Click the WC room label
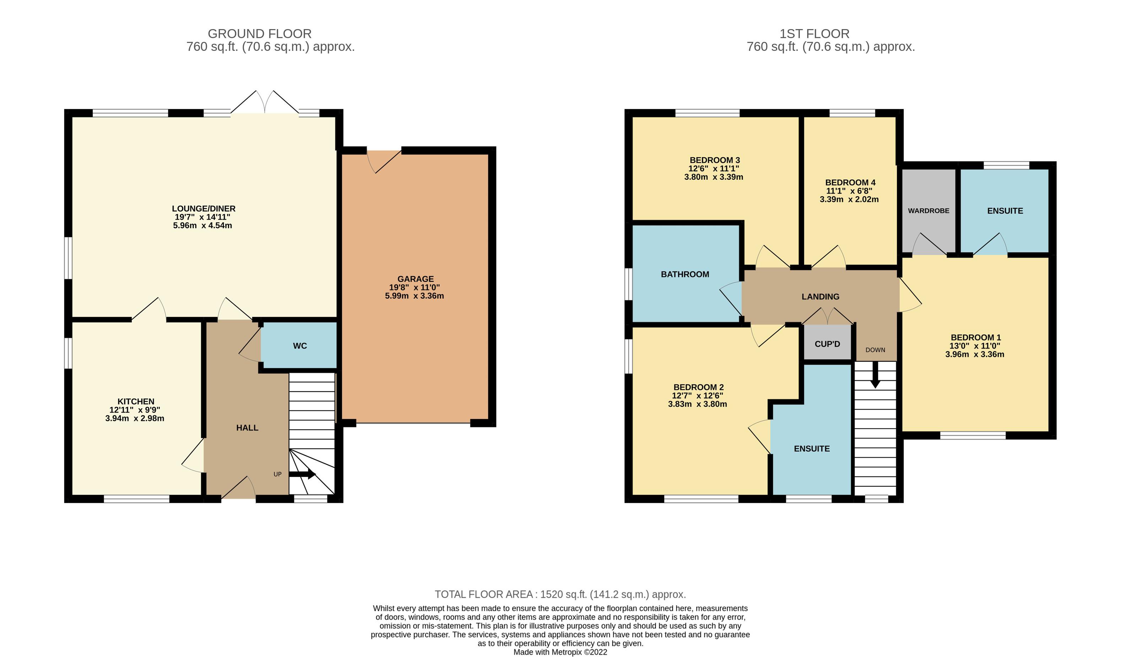(x=300, y=346)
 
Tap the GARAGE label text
(x=415, y=279)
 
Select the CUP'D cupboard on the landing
(x=827, y=344)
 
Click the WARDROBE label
(x=929, y=211)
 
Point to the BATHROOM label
(x=685, y=274)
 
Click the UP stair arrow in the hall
(x=303, y=474)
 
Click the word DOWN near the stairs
(x=875, y=350)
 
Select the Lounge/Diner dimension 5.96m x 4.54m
(x=202, y=225)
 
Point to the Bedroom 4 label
(x=850, y=183)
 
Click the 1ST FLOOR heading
(x=815, y=34)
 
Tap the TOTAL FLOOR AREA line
(x=560, y=594)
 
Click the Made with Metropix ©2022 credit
(x=560, y=652)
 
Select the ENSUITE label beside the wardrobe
(x=1005, y=211)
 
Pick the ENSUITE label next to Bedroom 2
(x=812, y=449)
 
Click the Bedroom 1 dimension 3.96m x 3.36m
(x=975, y=354)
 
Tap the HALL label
(x=247, y=428)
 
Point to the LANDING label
(x=820, y=296)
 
